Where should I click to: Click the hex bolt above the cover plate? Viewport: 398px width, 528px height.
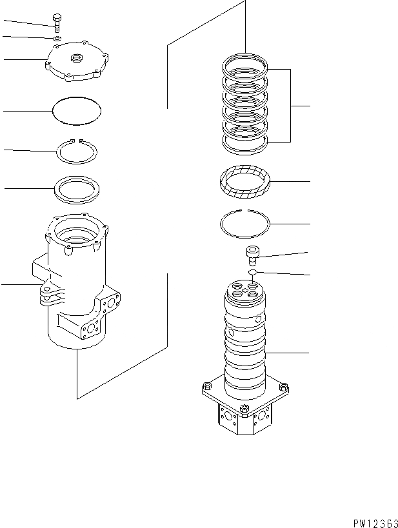(x=58, y=21)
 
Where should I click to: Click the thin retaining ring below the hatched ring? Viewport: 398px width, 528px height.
(x=246, y=225)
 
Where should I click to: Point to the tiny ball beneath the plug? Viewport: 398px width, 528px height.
(x=252, y=273)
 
